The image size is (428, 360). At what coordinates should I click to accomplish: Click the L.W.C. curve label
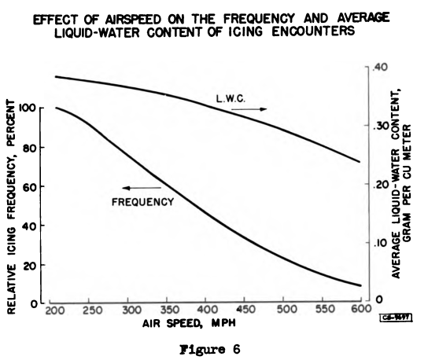pos(232,98)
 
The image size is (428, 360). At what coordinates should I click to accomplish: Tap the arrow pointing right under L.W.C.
pos(251,109)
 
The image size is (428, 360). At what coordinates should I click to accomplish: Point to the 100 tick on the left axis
pos(30,108)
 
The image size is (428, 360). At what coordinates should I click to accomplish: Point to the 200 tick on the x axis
pos(55,311)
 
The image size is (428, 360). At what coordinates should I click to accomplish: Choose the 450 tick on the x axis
pos(245,311)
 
